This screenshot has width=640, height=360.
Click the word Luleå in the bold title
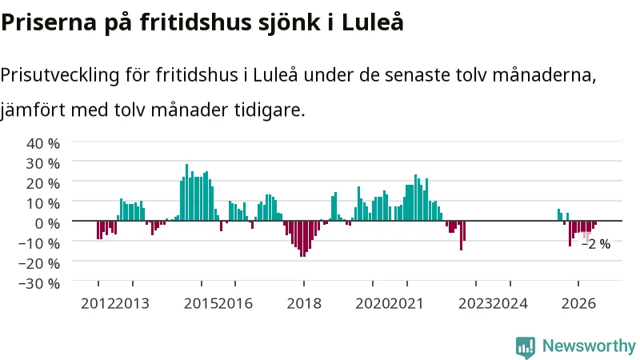point(372,22)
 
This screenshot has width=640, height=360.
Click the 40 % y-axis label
point(43,143)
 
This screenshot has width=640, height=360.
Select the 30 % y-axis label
point(43,163)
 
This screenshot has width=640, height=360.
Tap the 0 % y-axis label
point(47,223)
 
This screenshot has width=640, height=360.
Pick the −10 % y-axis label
point(39,243)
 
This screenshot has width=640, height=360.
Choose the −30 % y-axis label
point(39,283)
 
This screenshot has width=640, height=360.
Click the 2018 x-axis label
point(304,304)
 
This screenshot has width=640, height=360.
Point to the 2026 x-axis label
point(578,304)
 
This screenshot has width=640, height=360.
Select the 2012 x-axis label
point(98,304)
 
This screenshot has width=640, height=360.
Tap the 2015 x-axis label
point(202,304)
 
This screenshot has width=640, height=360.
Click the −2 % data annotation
point(596,244)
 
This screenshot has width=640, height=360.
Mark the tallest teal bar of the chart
point(187,192)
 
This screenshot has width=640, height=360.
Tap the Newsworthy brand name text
point(589,346)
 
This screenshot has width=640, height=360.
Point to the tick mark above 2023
point(476,283)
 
